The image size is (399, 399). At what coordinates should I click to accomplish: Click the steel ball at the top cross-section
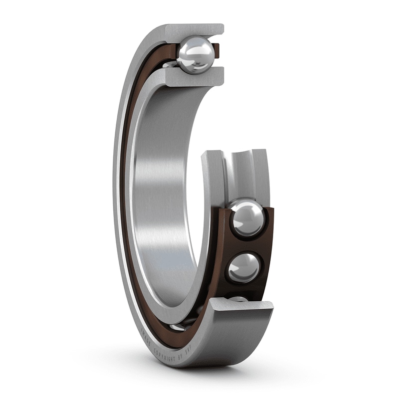196,55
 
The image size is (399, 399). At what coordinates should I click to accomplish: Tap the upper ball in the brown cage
246,218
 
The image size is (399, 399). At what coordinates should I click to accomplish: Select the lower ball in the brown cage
244,268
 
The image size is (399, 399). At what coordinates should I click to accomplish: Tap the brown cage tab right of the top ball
216,50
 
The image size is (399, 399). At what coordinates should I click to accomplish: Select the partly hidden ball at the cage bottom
238,299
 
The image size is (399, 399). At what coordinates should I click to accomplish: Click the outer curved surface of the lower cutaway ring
234,339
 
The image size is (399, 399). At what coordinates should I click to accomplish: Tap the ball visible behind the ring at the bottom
177,327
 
